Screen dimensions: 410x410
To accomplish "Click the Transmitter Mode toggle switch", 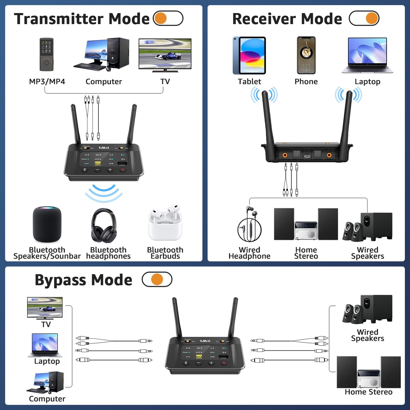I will pos(168,18).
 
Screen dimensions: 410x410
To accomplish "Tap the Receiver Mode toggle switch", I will pos(364,18).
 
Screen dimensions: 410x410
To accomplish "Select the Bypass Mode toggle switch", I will pos(157,279).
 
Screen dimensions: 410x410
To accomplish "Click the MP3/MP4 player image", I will pos(47,54).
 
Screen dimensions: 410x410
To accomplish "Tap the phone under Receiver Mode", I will pos(306,55).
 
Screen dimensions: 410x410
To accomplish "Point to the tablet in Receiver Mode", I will pos(249,56).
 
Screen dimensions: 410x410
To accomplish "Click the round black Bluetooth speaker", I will pos(47,224).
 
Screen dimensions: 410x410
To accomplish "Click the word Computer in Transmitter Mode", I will pos(104,82).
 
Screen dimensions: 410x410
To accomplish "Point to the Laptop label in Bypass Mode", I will pos(47,361).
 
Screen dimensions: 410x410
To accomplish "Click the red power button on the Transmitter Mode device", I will pos(123,170).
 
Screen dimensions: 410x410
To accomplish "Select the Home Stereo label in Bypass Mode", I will pos(368,392).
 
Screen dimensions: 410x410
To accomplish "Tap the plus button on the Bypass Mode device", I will pos(211,363).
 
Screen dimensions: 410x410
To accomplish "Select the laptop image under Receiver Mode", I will pos(367,56).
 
